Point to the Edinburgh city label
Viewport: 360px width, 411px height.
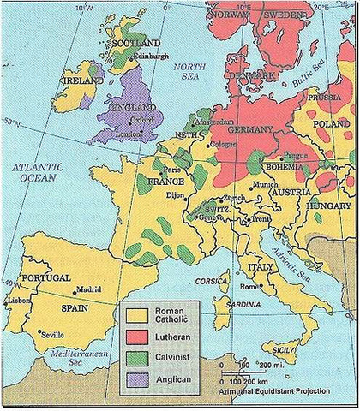pyautogui.click(x=138, y=56)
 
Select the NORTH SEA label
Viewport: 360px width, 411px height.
pyautogui.click(x=183, y=71)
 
